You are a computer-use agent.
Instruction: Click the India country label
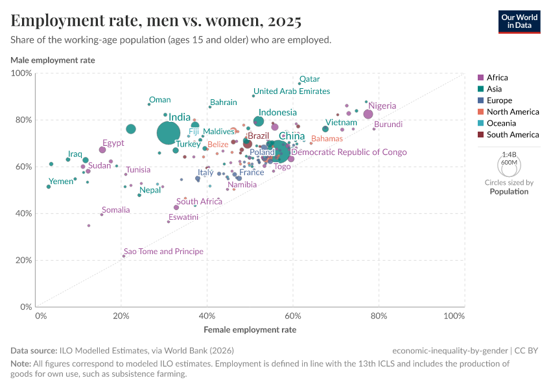pyautogui.click(x=180, y=117)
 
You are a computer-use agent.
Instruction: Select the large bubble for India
pyautogui.click(x=169, y=133)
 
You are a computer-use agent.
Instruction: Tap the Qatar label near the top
pyautogui.click(x=309, y=79)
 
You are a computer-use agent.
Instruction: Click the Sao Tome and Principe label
pyautogui.click(x=163, y=252)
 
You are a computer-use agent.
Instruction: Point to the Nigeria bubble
pyautogui.click(x=368, y=114)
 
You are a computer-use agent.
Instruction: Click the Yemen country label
pyautogui.click(x=62, y=182)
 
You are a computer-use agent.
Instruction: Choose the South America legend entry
pyautogui.click(x=513, y=135)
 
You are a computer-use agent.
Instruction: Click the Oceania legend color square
pyautogui.click(x=480, y=123)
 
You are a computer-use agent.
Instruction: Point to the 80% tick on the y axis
pyautogui.click(x=22, y=120)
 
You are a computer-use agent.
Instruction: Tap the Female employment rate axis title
pyautogui.click(x=250, y=329)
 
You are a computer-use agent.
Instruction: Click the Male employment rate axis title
pyautogui.click(x=53, y=60)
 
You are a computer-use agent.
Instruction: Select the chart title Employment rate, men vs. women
pyautogui.click(x=156, y=21)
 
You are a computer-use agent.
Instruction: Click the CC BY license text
pyautogui.click(x=530, y=350)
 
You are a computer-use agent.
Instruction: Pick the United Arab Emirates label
pyautogui.click(x=292, y=91)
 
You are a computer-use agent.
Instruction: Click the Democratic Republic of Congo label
pyautogui.click(x=349, y=152)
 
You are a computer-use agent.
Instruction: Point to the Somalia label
pyautogui.click(x=116, y=210)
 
